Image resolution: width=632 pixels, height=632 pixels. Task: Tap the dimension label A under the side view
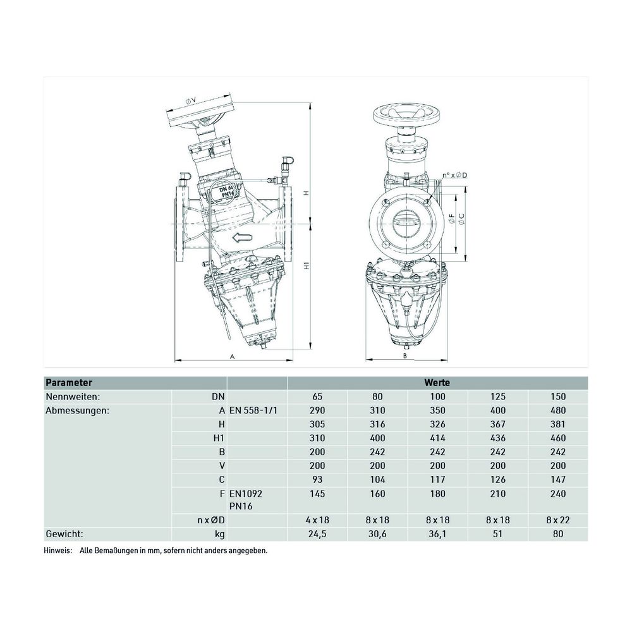click(232, 356)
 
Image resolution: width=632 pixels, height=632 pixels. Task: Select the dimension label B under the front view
click(406, 356)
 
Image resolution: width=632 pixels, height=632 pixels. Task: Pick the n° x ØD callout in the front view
click(454, 175)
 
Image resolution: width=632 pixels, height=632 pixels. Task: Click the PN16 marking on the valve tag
click(228, 195)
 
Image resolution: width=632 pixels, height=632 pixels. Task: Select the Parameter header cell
click(69, 382)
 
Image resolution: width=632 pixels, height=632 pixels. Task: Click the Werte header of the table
click(437, 382)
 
